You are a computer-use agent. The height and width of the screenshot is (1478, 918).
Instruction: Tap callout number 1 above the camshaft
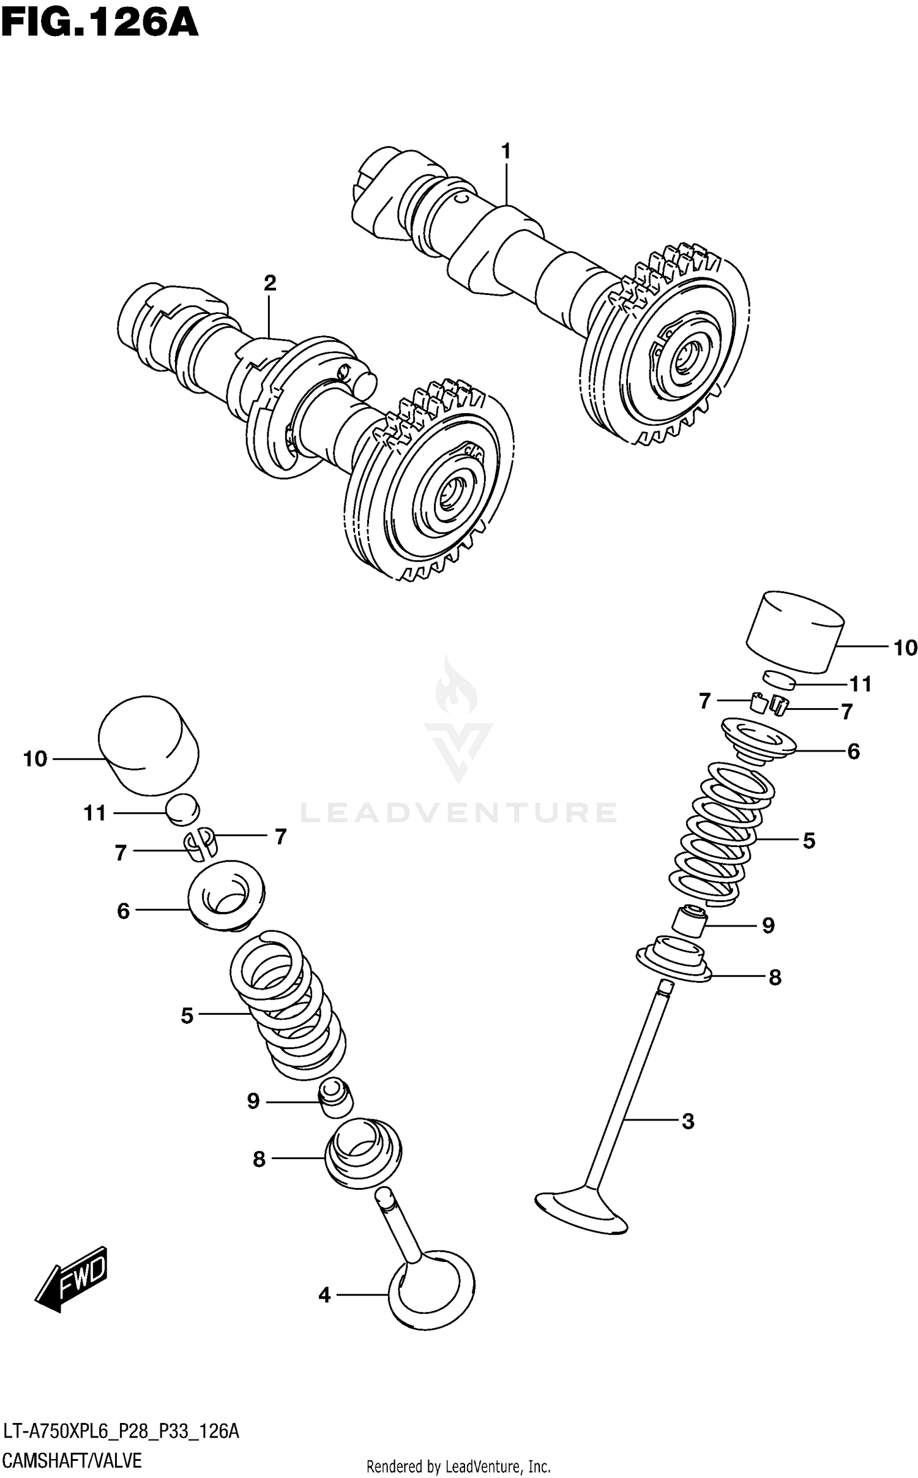tap(506, 151)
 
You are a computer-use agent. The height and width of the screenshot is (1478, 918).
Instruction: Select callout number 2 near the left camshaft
tap(269, 283)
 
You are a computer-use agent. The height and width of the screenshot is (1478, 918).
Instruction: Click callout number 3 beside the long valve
tap(687, 1121)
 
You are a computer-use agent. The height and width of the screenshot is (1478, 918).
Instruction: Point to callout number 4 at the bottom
tap(324, 1294)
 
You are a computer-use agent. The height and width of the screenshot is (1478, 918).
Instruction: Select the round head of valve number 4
tap(432, 1291)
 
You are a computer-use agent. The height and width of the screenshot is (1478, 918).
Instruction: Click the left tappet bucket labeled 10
tap(149, 745)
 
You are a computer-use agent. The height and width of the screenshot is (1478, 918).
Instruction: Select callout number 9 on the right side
tap(769, 925)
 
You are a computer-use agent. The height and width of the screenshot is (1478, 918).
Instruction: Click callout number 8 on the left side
tap(259, 1159)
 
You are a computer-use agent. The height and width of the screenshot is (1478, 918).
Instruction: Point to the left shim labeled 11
tap(182, 810)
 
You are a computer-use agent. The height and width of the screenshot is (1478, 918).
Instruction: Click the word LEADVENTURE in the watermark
tap(459, 813)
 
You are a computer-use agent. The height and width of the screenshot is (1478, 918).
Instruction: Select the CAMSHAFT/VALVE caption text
tap(72, 1461)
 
